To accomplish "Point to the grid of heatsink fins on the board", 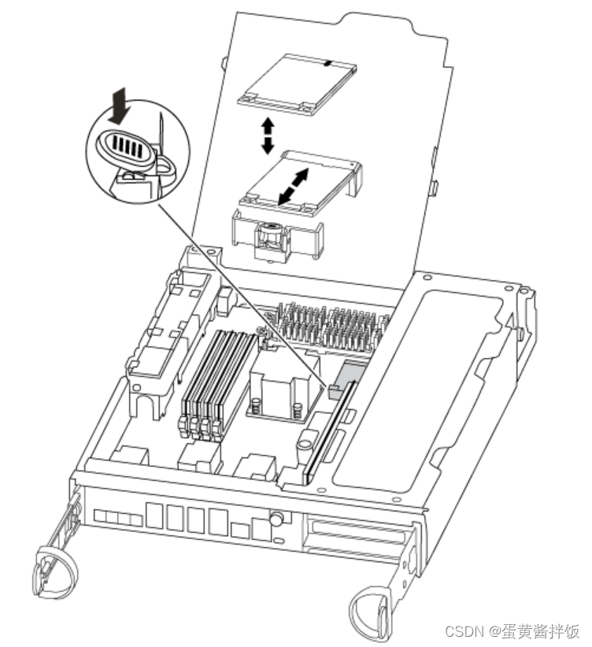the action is click(331, 327).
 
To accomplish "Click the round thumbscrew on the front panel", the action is click(276, 519).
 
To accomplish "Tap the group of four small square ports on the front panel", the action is click(118, 518).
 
